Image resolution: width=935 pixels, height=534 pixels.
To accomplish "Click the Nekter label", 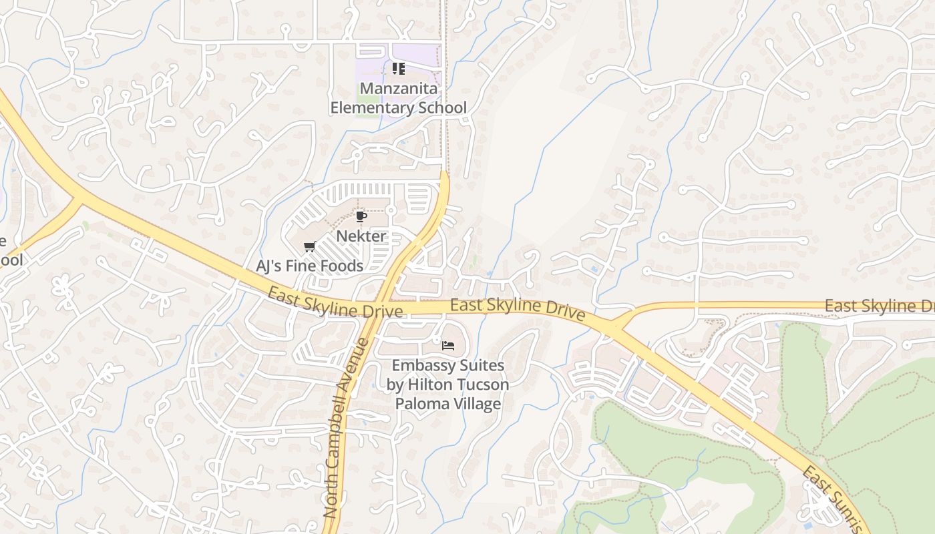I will pyautogui.click(x=361, y=236).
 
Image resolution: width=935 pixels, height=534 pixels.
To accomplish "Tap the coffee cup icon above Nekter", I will pyautogui.click(x=361, y=217).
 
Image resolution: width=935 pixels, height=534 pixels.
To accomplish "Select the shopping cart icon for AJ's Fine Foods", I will pyautogui.click(x=309, y=247).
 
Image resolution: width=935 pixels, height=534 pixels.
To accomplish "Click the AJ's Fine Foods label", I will pyautogui.click(x=310, y=266).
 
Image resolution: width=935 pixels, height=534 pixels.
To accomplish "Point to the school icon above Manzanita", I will pyautogui.click(x=399, y=69).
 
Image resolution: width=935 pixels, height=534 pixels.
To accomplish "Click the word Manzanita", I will pyautogui.click(x=399, y=89).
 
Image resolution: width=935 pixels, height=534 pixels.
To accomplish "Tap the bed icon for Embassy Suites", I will pyautogui.click(x=448, y=346).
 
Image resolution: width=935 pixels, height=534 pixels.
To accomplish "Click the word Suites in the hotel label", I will pyautogui.click(x=478, y=366).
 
